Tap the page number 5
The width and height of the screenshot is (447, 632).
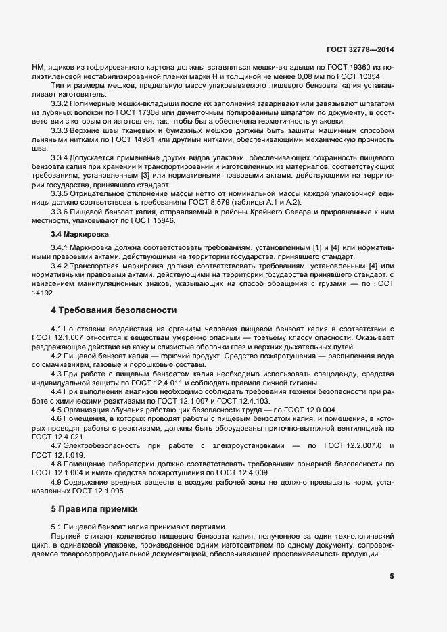pos(392,576)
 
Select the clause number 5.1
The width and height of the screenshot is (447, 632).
pos(58,526)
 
